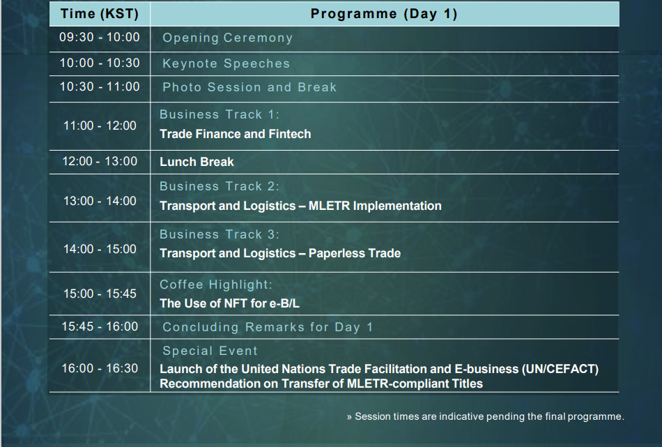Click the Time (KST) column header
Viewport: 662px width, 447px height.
point(100,13)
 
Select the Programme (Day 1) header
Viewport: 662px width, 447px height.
point(384,13)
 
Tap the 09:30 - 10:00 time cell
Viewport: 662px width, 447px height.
point(100,37)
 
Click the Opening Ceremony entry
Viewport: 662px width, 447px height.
point(228,38)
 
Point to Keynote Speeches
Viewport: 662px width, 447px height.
point(226,63)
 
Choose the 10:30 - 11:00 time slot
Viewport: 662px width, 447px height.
point(100,86)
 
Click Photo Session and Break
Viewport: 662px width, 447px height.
point(249,87)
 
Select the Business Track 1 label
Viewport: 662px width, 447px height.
point(220,114)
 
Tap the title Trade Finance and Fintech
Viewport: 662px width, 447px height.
point(235,134)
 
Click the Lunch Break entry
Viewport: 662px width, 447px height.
point(197,162)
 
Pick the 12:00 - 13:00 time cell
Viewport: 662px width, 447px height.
point(100,161)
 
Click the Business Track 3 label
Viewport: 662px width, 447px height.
point(220,234)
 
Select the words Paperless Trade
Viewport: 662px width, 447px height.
point(355,253)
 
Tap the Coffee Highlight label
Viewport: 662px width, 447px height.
point(216,285)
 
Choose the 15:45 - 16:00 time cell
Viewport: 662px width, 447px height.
point(100,326)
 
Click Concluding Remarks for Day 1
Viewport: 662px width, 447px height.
point(268,327)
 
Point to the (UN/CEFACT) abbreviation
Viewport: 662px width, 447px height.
point(560,369)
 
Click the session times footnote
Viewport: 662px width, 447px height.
point(486,416)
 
